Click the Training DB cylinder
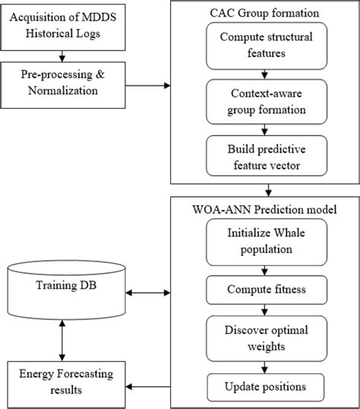point(66,287)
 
